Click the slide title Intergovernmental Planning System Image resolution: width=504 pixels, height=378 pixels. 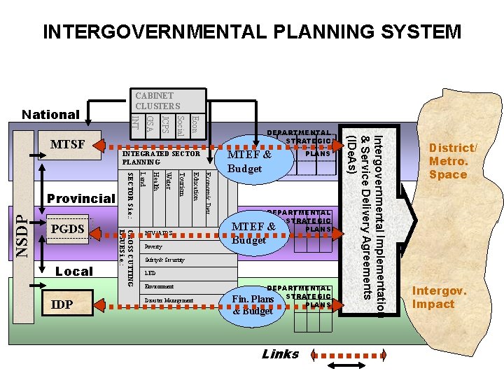pyautogui.click(x=252, y=32)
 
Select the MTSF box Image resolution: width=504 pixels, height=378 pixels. pyautogui.click(x=68, y=145)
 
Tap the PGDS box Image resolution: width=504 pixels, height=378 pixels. pyautogui.click(x=68, y=229)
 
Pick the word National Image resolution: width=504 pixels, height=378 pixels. pyautogui.click(x=50, y=114)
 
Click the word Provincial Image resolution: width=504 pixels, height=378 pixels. pyautogui.click(x=80, y=199)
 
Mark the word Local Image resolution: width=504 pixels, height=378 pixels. pyautogui.click(x=73, y=272)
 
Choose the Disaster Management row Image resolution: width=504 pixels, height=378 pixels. pyautogui.click(x=168, y=300)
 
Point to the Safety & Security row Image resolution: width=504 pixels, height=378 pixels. pyautogui.click(x=165, y=260)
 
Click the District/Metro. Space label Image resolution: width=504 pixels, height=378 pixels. pyautogui.click(x=453, y=160)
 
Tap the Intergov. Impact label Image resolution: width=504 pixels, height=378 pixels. pyautogui.click(x=433, y=297)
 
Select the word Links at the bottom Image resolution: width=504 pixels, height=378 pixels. pyautogui.click(x=280, y=354)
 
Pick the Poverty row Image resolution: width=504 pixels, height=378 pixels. pyautogui.click(x=153, y=247)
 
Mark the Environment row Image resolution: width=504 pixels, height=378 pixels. pyautogui.click(x=160, y=287)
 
